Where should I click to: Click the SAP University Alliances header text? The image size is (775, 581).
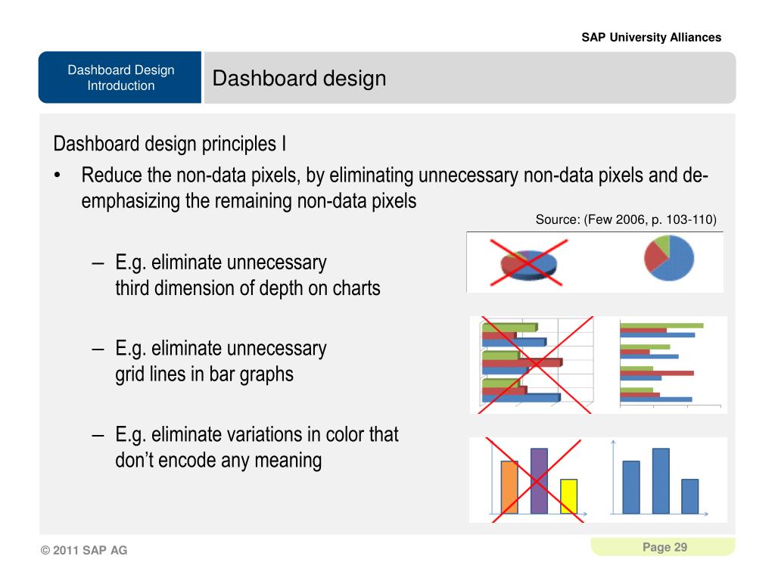coord(651,38)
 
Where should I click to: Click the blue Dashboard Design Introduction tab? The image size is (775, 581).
coord(120,78)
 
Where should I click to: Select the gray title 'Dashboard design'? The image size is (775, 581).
coord(299,78)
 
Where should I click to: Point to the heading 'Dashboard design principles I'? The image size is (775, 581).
coord(170,144)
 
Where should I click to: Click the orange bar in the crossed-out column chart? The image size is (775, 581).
coord(509,487)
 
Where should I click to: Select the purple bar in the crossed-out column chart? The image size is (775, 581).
coord(539,480)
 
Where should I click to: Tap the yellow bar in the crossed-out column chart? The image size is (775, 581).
coord(568,496)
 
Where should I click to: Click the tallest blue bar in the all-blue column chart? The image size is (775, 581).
coord(661,480)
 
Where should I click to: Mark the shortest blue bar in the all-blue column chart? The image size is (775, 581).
coord(690,496)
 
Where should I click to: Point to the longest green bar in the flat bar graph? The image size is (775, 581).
coord(661,325)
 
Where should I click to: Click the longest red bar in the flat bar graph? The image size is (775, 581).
coord(657,374)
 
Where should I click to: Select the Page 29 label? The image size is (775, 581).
coord(665,547)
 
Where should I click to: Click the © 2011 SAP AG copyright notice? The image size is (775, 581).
coord(84,550)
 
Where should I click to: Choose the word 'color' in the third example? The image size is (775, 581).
coord(345,435)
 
